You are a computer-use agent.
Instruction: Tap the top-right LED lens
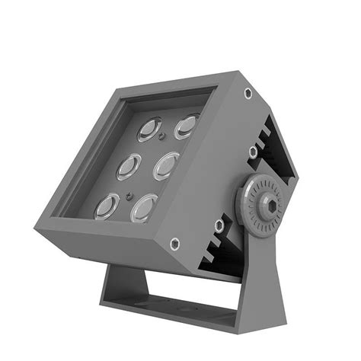point(186,126)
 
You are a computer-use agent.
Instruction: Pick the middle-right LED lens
point(166,165)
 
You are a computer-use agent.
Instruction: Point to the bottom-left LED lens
point(107,206)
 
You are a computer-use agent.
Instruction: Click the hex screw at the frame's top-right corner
point(248,93)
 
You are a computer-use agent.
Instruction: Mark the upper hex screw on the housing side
point(253,152)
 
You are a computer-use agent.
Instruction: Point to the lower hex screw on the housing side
point(219,225)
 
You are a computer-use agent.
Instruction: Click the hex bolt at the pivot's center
point(270,204)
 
